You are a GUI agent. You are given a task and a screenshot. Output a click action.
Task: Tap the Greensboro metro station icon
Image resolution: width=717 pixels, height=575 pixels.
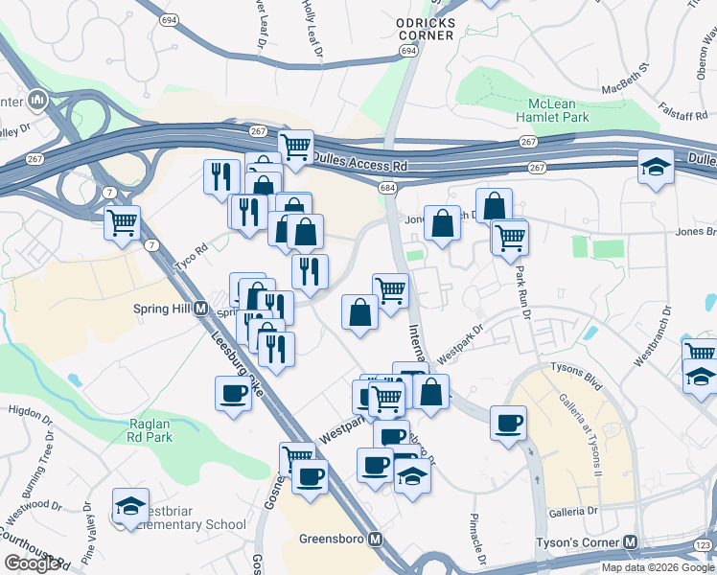coord(377,540)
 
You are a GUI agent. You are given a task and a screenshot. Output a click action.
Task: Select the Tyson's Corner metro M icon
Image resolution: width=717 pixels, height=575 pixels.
coord(630,541)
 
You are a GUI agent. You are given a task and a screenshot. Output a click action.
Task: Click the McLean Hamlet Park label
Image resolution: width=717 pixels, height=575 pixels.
coord(558,110)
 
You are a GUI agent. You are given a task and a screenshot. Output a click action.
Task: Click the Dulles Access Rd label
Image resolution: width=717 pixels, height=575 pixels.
coord(360,165)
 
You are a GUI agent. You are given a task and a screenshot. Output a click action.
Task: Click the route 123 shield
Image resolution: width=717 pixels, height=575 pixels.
coord(704,544)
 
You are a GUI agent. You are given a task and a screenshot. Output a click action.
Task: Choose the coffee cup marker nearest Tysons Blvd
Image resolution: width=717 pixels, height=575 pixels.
coord(507,423)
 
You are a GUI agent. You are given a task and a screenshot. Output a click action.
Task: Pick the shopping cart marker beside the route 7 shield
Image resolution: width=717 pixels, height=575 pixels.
coord(122,223)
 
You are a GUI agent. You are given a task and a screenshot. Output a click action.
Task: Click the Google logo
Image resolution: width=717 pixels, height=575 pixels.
coord(32,563)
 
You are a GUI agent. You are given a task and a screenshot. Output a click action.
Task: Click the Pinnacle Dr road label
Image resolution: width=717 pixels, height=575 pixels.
coord(476,540)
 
